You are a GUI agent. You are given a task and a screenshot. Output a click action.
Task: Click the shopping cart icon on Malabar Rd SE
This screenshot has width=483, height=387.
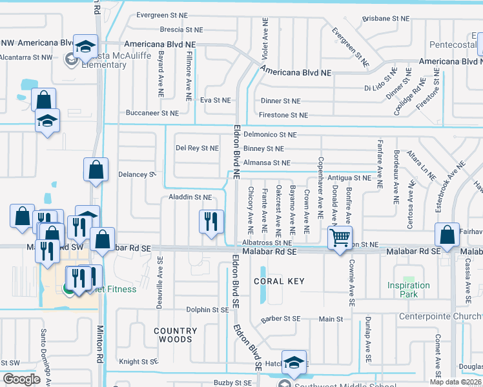tap(340, 237)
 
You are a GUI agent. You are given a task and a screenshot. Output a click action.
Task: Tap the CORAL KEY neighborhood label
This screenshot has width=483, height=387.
tap(279, 282)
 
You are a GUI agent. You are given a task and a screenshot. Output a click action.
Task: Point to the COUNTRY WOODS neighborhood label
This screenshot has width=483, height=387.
tap(173, 335)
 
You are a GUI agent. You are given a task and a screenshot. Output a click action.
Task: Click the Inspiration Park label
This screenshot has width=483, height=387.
tap(409, 290)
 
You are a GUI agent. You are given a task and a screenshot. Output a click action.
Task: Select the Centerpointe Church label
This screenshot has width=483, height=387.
tap(440, 316)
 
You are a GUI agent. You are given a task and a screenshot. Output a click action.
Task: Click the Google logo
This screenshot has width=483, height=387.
tap(22, 379)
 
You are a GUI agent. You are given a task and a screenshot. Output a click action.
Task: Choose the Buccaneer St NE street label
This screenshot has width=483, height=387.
tap(152, 113)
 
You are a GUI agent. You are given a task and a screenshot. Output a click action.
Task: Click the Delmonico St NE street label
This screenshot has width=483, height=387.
tap(271, 135)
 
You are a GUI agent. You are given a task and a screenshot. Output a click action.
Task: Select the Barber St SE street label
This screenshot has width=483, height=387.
tap(281, 319)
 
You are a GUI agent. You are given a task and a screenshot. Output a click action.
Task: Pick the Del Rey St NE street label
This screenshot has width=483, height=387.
tap(197, 148)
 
